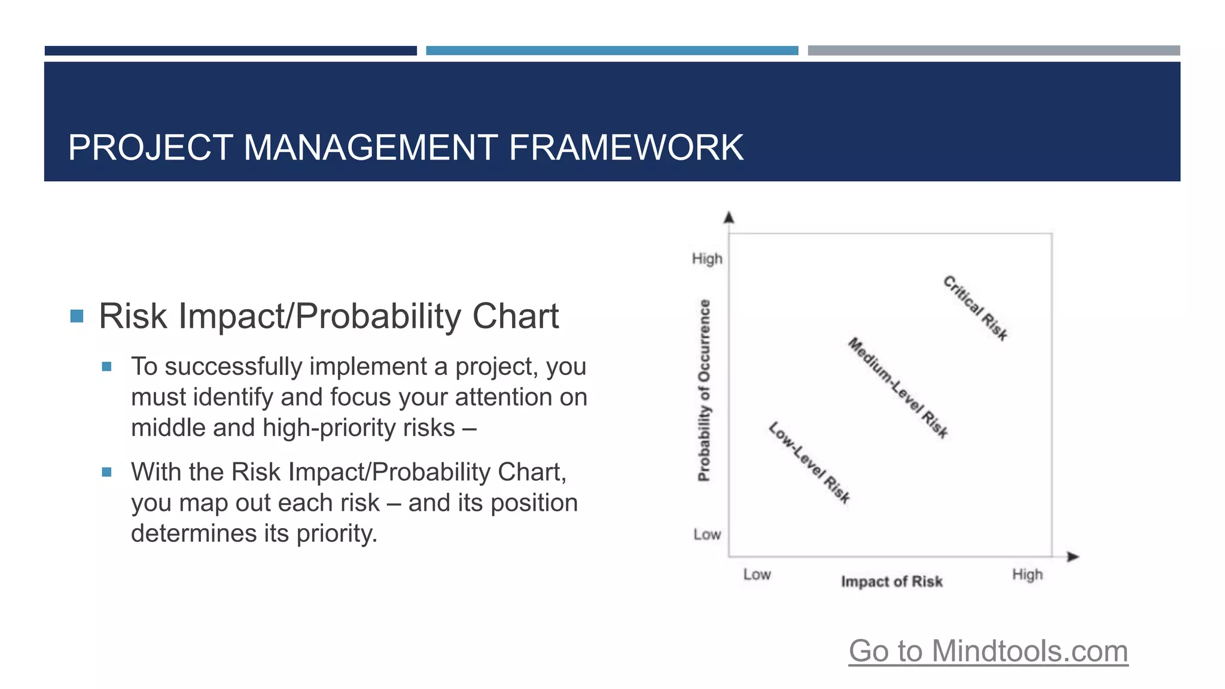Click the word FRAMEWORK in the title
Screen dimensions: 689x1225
point(626,148)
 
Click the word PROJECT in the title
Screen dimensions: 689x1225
point(150,148)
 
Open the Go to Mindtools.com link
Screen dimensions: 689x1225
point(988,651)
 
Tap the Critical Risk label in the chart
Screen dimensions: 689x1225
point(976,307)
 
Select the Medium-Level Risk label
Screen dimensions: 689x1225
point(898,388)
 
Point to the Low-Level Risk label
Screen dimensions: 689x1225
point(809,462)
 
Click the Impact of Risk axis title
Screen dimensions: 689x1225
point(891,581)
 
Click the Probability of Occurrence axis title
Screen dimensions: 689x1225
point(705,390)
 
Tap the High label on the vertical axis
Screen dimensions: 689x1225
point(707,259)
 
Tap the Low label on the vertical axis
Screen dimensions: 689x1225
point(707,534)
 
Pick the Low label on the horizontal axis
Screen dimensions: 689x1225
point(757,574)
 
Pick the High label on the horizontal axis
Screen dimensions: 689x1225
point(1027,574)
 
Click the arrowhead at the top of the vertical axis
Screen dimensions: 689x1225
point(729,218)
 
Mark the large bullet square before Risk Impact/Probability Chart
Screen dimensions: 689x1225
point(77,316)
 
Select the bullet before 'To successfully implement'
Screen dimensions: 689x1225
point(106,367)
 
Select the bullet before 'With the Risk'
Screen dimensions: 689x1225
point(106,472)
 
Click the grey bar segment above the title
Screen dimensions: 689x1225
point(994,51)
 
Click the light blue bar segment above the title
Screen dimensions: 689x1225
point(612,51)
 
